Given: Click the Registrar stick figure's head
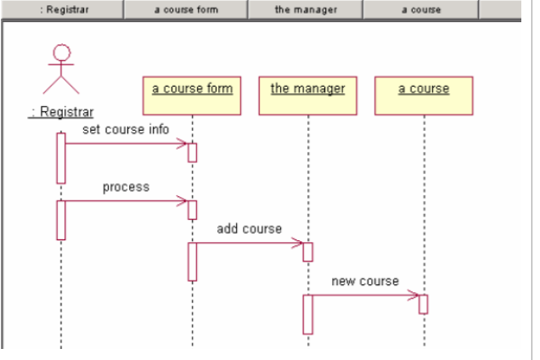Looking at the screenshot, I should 60,53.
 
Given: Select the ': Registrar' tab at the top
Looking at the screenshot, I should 61,10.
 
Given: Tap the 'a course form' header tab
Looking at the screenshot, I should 185,10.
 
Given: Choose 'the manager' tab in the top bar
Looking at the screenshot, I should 305,10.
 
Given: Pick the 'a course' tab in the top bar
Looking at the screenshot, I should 422,10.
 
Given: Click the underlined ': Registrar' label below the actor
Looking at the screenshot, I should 61,112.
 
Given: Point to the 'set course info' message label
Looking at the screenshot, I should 126,130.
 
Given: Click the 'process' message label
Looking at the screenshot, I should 126,187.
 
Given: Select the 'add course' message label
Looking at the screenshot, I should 249,228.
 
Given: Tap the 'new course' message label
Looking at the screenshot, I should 365,281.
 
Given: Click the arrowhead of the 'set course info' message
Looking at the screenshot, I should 183,143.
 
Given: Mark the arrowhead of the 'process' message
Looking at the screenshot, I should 183,201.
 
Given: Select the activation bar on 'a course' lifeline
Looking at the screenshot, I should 423,304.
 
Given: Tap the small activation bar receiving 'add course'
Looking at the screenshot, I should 308,252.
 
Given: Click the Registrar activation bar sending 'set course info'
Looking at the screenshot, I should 61,157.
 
